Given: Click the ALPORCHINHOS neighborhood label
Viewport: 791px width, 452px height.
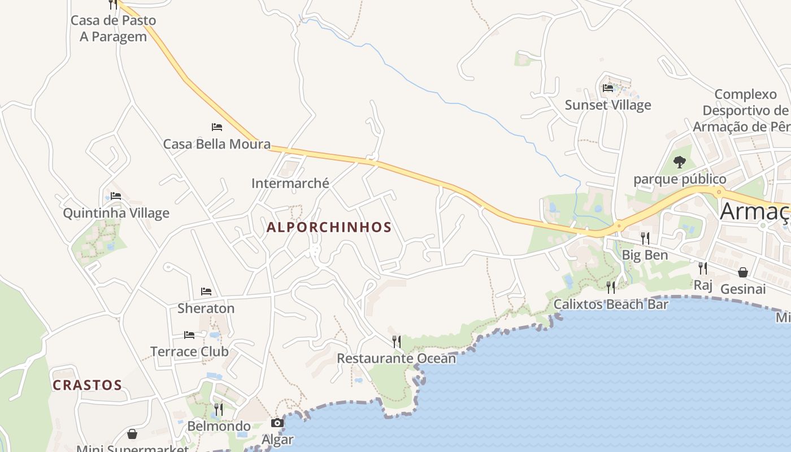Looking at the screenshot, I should [x=329, y=227].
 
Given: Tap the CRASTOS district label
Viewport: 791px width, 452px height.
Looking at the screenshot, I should [x=88, y=385].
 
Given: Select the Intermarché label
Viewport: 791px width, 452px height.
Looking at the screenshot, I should [x=290, y=183].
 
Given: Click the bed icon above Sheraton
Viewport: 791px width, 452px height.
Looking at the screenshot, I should [x=206, y=292].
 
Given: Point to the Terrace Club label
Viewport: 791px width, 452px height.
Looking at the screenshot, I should [x=189, y=351].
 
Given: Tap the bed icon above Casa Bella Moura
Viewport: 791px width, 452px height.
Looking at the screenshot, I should [x=217, y=127].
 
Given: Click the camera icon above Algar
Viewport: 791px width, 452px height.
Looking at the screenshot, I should [x=277, y=423].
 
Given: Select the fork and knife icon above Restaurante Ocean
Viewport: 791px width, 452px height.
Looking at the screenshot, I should [x=397, y=341].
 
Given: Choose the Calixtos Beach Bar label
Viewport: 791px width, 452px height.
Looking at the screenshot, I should [x=611, y=305].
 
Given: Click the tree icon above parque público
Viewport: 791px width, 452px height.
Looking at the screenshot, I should [x=680, y=163].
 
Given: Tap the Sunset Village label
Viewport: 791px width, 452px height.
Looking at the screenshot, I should [x=608, y=105].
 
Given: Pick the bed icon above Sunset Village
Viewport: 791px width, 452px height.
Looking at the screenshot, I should [x=608, y=88].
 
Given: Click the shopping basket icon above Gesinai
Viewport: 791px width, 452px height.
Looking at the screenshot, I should [x=743, y=272].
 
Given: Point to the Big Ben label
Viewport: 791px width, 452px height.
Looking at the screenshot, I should [x=645, y=255].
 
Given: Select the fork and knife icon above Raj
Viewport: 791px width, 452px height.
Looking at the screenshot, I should [x=703, y=268].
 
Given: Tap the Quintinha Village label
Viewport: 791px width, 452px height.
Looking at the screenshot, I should [x=116, y=213].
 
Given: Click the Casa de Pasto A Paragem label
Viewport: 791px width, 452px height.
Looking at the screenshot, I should [x=113, y=28].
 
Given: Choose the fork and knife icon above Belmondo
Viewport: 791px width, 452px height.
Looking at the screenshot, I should [x=219, y=409].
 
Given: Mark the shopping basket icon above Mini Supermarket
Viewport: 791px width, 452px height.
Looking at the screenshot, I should [x=132, y=434].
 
